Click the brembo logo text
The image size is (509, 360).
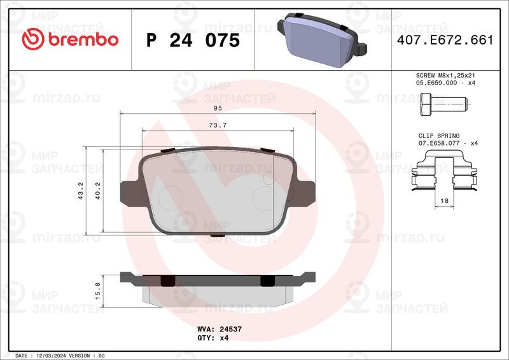tap(83, 39)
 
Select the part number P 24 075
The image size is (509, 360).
tap(193, 40)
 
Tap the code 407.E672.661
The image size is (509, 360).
tap(445, 39)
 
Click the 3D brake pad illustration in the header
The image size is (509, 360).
tap(322, 39)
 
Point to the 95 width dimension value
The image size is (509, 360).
tap(218, 108)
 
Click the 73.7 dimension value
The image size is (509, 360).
tap(218, 125)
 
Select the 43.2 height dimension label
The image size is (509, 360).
tap(81, 191)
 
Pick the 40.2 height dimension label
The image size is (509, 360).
tap(98, 191)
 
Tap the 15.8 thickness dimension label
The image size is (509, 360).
tap(98, 291)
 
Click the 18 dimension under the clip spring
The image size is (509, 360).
tap(444, 201)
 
